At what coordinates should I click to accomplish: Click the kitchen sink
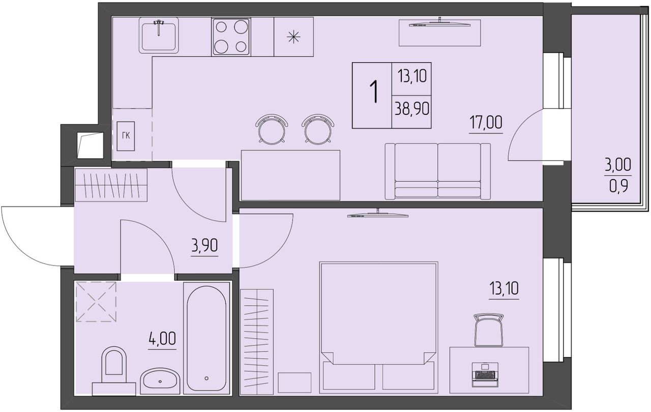click(159, 35)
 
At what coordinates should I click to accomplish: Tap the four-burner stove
click(231, 37)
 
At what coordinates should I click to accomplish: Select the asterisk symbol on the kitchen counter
click(293, 37)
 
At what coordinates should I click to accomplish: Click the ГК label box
click(126, 136)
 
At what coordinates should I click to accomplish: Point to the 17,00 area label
click(486, 123)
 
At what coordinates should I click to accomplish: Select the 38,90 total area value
click(412, 109)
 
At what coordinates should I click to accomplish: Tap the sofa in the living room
click(438, 171)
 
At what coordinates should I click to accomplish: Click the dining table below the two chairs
click(290, 175)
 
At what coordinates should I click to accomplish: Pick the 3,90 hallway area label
click(204, 246)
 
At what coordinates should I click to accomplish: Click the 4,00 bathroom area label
click(162, 338)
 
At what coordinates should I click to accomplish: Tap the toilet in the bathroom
click(114, 371)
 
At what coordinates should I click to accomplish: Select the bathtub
click(206, 338)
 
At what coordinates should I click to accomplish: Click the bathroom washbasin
click(160, 380)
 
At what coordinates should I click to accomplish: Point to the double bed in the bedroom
click(378, 328)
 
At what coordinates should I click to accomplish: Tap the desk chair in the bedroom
click(489, 330)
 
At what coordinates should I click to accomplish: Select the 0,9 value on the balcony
click(618, 187)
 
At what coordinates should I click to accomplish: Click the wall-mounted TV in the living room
click(440, 23)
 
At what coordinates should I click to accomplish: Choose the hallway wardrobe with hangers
click(111, 185)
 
